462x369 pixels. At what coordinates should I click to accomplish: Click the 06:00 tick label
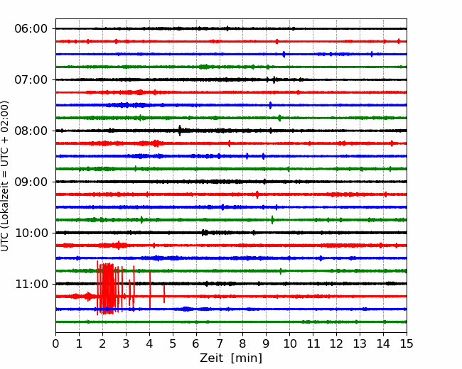click(x=31, y=29)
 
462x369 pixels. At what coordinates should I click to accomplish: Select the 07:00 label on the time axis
click(x=31, y=79)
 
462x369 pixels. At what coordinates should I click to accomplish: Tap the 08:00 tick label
click(x=31, y=131)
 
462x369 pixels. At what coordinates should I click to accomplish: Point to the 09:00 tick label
click(x=31, y=182)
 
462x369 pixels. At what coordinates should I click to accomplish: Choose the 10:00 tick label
click(x=31, y=233)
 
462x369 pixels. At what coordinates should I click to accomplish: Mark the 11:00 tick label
click(x=31, y=284)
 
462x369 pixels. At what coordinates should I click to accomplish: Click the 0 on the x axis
click(x=55, y=343)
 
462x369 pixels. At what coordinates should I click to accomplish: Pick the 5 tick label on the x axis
click(x=173, y=343)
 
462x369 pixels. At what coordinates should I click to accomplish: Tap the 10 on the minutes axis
click(x=289, y=343)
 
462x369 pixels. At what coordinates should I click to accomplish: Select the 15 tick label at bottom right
click(x=407, y=343)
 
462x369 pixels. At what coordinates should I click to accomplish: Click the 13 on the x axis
click(x=360, y=343)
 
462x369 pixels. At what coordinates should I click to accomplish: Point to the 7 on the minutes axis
click(x=220, y=343)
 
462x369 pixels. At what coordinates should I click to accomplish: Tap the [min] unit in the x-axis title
click(x=247, y=358)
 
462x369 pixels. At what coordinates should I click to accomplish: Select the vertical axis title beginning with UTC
click(x=5, y=176)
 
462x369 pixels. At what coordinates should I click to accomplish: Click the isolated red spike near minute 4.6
click(x=164, y=294)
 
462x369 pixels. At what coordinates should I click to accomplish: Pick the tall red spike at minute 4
click(x=150, y=290)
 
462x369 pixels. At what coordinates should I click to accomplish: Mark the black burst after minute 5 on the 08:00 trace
click(x=180, y=131)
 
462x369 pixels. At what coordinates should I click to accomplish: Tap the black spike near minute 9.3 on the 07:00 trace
click(x=274, y=79)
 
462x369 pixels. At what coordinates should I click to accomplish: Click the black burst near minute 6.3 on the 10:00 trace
click(x=204, y=233)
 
